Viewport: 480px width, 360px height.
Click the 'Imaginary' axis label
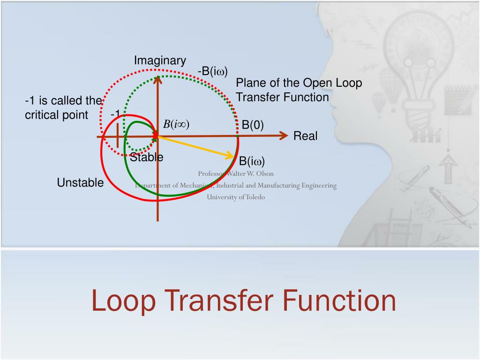pos(160,60)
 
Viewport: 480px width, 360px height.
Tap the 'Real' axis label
pos(305,136)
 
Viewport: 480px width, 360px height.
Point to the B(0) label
pos(253,125)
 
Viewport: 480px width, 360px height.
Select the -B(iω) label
pos(212,72)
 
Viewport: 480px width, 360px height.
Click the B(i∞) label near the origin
pos(176,124)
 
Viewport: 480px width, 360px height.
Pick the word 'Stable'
pos(147,157)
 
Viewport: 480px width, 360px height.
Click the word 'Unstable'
pos(80,183)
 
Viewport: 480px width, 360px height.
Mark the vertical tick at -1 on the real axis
pos(117,137)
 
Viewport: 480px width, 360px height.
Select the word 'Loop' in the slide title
pos(123,301)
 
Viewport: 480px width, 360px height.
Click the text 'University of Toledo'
pos(236,197)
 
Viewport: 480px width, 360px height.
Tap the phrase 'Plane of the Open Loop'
pos(299,83)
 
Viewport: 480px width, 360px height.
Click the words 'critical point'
pos(56,115)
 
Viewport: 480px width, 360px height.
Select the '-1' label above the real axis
pos(115,114)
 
